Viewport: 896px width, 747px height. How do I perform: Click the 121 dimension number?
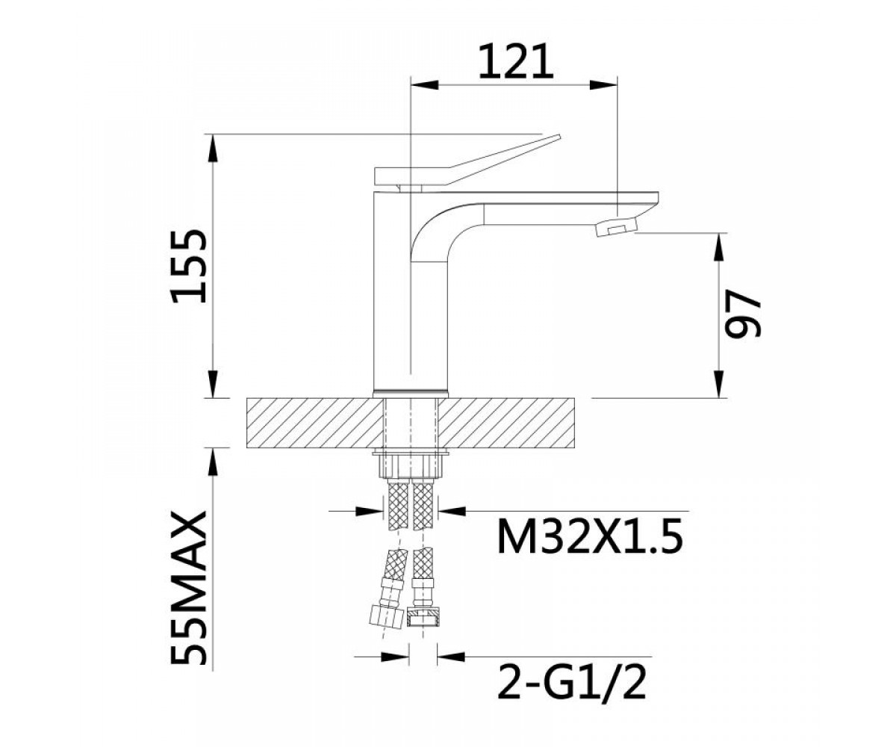515,61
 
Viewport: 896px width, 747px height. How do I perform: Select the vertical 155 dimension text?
188,266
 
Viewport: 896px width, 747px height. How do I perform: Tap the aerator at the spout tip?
617,226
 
